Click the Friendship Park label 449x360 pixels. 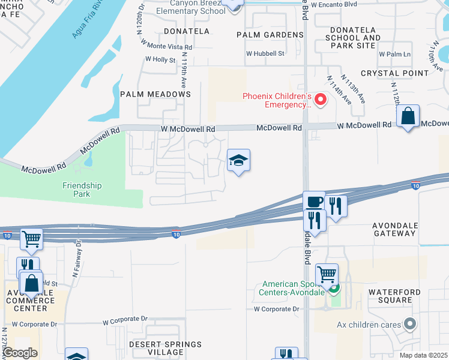tap(76, 190)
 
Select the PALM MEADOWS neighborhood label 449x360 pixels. tap(155, 94)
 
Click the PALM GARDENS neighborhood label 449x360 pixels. tap(270, 35)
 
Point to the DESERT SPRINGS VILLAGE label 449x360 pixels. tap(166, 349)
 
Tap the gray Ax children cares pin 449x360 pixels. tap(411, 325)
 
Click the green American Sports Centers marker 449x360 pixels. tap(334, 288)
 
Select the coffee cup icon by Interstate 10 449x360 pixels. tap(313, 202)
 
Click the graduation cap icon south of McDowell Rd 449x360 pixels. tap(238, 160)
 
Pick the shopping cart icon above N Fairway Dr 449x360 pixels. tap(31, 239)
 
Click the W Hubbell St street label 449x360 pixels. tap(264, 53)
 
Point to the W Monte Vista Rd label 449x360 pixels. tap(166, 46)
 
